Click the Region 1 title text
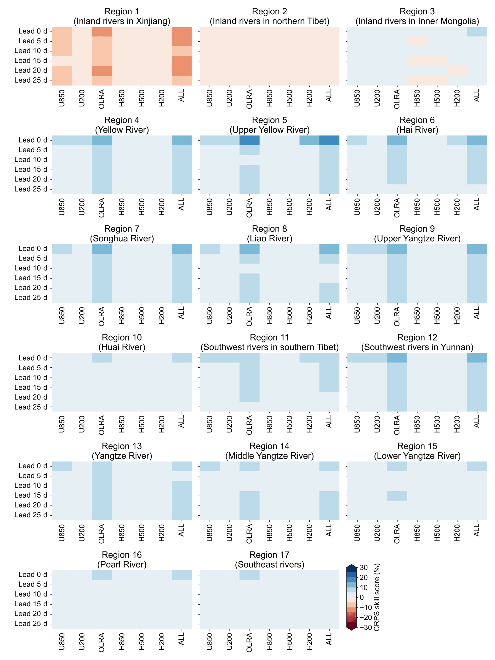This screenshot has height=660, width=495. point(122,16)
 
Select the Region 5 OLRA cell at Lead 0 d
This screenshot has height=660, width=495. point(250,140)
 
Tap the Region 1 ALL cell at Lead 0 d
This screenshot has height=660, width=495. point(182,32)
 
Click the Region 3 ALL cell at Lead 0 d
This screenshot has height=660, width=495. point(477,32)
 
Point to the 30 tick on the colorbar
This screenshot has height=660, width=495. point(364,568)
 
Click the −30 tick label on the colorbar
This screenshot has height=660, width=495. point(365,627)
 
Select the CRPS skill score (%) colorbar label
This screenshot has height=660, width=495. point(377,597)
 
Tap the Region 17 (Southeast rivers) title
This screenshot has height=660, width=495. point(269,559)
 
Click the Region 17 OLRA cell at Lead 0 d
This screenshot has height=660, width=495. point(250,575)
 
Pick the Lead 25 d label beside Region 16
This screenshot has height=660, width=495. point(31,623)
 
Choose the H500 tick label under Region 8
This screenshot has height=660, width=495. point(289,315)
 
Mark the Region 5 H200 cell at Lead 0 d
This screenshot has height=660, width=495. point(309,140)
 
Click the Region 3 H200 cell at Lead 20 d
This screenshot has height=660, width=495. point(457,71)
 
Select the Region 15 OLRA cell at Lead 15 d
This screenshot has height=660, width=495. point(397,495)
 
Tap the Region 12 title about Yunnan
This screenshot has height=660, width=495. point(417,342)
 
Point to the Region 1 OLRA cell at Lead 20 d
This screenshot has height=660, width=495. point(102,71)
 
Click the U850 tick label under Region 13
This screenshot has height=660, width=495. point(62,533)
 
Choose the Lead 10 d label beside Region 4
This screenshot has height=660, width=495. point(31,160)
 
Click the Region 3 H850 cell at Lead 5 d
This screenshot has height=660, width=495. point(417,41)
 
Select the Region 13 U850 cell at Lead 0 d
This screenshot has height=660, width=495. point(62,466)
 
